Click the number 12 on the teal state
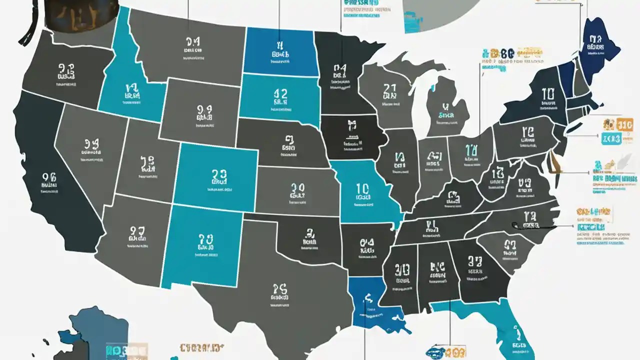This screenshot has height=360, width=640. [280, 93]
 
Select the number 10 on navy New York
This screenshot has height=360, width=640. [547, 93]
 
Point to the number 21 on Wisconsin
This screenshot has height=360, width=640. [389, 90]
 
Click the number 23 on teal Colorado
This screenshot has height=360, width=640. [219, 174]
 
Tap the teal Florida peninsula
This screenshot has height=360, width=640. [510, 330]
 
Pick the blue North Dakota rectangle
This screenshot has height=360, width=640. [280, 50]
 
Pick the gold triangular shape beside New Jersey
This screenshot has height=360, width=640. [554, 162]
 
